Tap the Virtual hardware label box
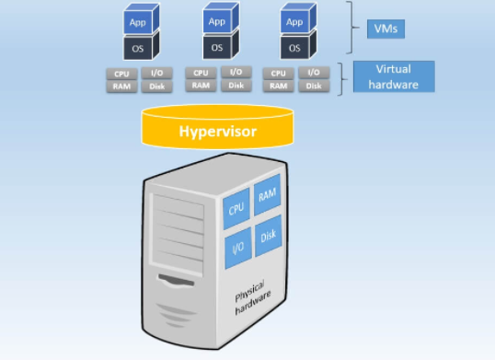(393, 77)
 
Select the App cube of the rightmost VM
(294, 21)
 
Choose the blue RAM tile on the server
(267, 195)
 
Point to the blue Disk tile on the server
(268, 236)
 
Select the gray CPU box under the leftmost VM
(122, 73)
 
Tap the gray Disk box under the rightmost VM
(314, 86)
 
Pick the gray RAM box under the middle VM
(201, 86)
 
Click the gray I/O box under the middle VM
(236, 73)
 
